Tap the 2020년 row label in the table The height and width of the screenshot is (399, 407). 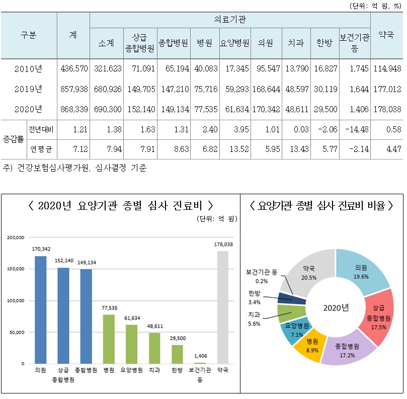click(29, 108)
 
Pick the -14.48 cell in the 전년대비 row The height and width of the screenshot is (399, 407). click(355, 130)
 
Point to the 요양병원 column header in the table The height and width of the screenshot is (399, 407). click(234, 43)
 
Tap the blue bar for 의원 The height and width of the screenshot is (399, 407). click(41, 309)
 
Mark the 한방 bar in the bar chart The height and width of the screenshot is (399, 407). click(177, 354)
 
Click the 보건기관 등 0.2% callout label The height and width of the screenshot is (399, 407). click(262, 276)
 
